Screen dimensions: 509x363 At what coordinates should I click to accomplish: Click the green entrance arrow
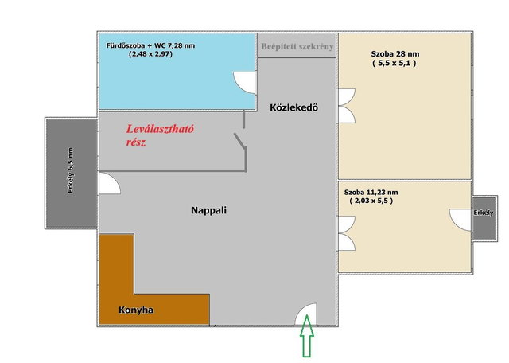point(306,336)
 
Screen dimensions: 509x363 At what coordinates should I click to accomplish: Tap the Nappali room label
point(208,210)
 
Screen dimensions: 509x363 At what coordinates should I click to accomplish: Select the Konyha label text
point(136,310)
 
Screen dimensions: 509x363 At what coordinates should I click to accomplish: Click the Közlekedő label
point(293,107)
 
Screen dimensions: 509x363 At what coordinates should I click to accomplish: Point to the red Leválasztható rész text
point(160,135)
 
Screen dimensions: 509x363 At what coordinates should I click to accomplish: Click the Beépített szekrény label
point(297,46)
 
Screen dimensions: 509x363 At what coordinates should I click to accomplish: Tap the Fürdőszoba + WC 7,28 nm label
point(150,45)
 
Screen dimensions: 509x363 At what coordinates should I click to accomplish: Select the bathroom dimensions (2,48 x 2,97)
point(150,54)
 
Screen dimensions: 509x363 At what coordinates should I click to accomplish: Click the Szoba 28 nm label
point(395,54)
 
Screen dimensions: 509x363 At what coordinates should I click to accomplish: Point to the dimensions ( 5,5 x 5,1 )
point(394,63)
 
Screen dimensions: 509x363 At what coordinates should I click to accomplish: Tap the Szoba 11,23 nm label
point(371,192)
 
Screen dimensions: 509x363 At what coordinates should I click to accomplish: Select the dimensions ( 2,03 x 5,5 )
point(371,201)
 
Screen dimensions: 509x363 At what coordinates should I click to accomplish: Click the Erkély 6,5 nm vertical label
point(71,171)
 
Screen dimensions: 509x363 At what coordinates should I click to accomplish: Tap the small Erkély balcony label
point(484,213)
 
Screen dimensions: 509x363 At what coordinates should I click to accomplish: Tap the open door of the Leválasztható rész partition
point(239,140)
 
